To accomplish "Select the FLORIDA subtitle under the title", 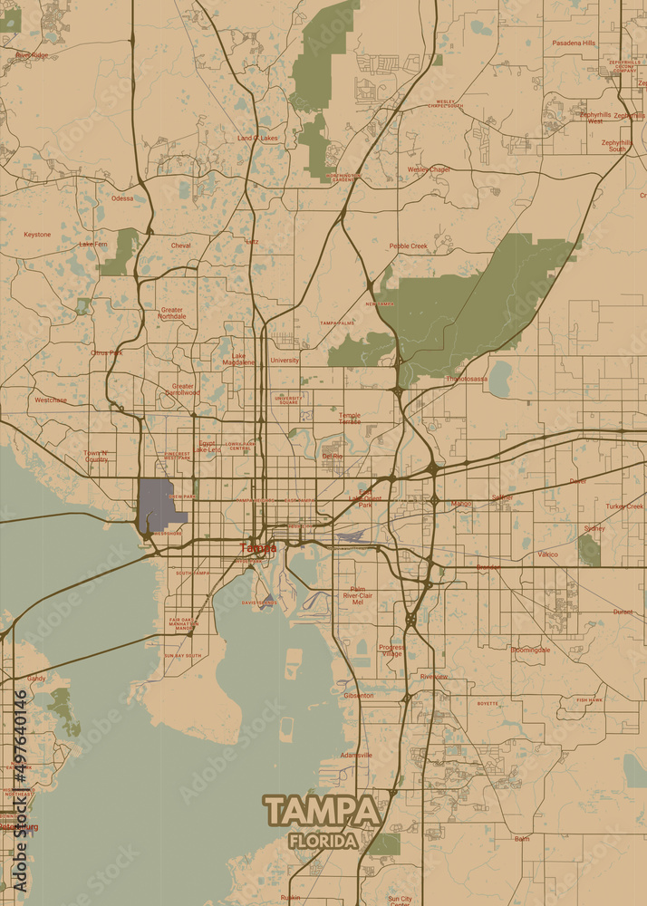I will (323, 841).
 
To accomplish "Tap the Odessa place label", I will (121, 198).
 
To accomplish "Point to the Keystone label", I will (37, 235).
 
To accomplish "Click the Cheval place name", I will (180, 246).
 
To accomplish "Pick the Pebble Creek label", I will (408, 246).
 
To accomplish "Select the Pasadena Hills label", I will (574, 43).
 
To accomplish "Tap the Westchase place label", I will (51, 400).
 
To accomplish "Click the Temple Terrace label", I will (350, 418).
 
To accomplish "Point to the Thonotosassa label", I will (467, 379).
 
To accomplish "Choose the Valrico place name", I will (547, 554).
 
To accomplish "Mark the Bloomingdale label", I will (530, 650).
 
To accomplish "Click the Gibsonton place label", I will (358, 696).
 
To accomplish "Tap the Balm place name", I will (522, 839).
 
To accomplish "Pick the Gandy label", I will (36, 678).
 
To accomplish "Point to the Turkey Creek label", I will (624, 506).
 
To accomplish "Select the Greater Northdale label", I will (171, 313).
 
